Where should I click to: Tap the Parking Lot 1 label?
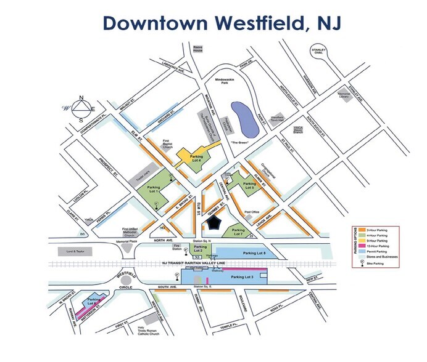coord(154,188)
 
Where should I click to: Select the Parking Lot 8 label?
coord(255,253)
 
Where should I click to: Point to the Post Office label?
coord(251,212)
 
